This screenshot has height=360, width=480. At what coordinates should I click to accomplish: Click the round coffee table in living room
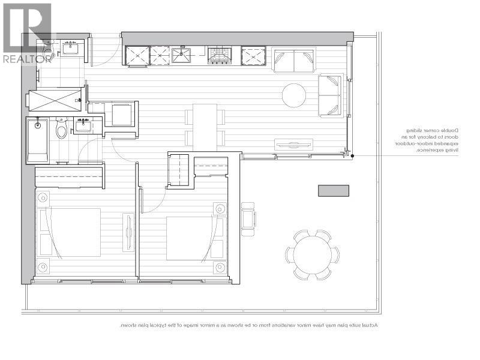(294, 94)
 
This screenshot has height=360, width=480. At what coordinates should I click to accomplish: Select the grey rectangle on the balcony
(333, 191)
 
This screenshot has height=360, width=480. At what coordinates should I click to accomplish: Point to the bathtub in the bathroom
(39, 140)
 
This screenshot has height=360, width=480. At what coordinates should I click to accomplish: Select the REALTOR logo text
(27, 59)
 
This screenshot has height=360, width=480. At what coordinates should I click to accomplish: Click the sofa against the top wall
(294, 61)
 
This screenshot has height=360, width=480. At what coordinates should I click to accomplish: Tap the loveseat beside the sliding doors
(330, 95)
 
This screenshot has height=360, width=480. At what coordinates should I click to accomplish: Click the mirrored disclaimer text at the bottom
(248, 325)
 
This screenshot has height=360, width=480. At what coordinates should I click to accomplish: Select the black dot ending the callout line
(353, 156)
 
